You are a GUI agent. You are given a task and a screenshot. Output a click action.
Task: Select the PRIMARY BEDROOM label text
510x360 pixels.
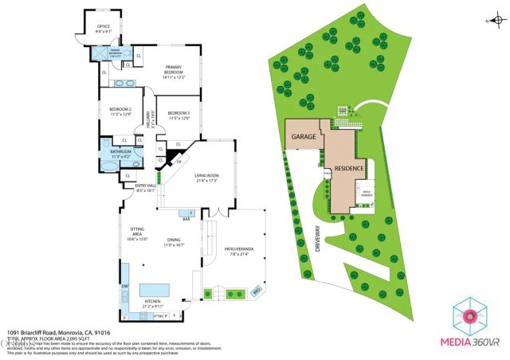pyautogui.click(x=174, y=68)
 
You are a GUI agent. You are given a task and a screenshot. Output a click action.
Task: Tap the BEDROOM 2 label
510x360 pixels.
pyautogui.click(x=120, y=109)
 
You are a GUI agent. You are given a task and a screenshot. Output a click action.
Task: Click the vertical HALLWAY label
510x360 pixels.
pyautogui.click(x=148, y=119)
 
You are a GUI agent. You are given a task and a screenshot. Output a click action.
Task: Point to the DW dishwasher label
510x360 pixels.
pyautogui.click(x=124, y=287)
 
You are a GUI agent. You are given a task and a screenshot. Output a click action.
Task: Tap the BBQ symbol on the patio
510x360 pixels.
pyautogui.click(x=257, y=292)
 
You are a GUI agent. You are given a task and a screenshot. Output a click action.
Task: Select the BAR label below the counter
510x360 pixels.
pyautogui.click(x=186, y=220)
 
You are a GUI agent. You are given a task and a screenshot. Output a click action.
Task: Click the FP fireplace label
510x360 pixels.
pyautogui.click(x=178, y=162)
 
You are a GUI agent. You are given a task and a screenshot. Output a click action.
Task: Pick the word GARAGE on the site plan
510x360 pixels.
pyautogui.click(x=303, y=137)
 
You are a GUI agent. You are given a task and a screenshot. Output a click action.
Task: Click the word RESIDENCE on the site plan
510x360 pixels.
pyautogui.click(x=349, y=168)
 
